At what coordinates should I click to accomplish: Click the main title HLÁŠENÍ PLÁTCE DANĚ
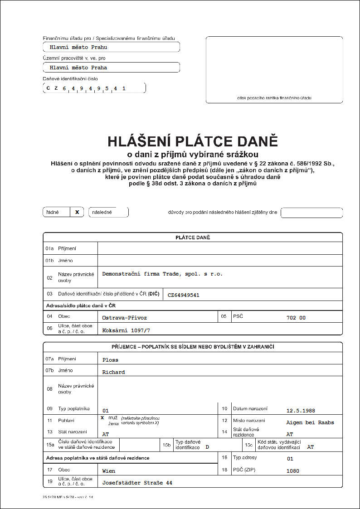(x=192, y=141)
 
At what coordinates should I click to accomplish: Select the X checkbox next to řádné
(x=77, y=212)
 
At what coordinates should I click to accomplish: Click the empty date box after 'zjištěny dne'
(x=311, y=213)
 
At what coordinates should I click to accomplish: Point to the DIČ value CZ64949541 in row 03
(x=183, y=295)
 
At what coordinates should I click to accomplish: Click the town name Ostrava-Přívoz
(x=124, y=318)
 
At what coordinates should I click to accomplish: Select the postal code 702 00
(x=296, y=318)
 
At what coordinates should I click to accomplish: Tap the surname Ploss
(x=110, y=360)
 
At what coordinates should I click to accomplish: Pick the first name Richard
(x=113, y=372)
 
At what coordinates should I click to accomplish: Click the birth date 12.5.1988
(x=300, y=410)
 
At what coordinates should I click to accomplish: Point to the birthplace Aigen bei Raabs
(x=310, y=422)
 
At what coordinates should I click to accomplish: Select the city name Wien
(x=109, y=471)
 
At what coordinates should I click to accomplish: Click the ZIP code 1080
(x=293, y=471)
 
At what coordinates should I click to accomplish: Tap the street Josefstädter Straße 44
(x=137, y=483)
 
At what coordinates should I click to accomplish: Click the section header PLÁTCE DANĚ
(x=193, y=238)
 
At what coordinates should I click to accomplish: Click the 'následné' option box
(x=108, y=212)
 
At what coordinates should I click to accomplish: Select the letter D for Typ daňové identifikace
(x=207, y=447)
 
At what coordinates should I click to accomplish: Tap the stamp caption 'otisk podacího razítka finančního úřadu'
(x=274, y=98)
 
